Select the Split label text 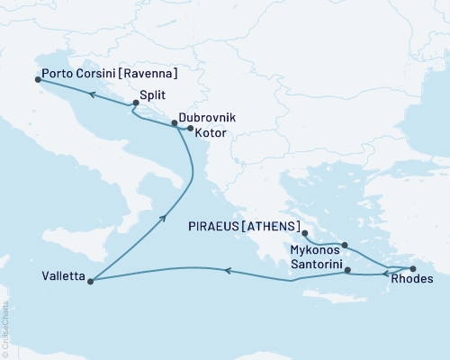pos(152,93)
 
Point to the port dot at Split pos(135,103)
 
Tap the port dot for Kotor pos(190,129)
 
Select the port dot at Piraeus pos(304,231)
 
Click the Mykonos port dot pos(345,244)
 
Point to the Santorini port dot pos(348,269)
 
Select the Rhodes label pos(412,280)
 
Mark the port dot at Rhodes pos(413,269)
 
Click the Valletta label pos(63,277)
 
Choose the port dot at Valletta pos(91,280)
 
